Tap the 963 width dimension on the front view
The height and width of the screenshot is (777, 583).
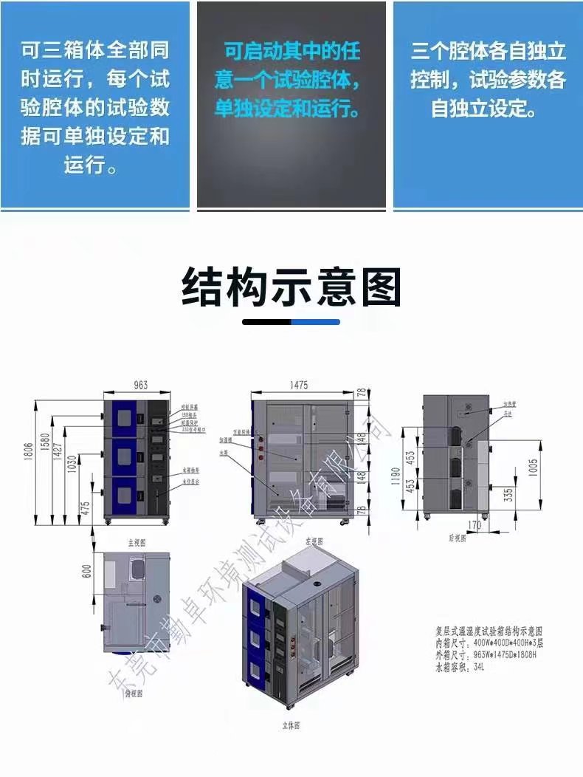coord(141,385)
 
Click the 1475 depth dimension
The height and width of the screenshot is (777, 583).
coord(299,385)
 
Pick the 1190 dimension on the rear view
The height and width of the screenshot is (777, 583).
coord(396,472)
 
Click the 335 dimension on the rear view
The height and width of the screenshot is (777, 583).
coord(508,494)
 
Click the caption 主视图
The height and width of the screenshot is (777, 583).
coord(137,541)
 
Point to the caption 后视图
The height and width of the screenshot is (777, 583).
coord(458,538)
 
